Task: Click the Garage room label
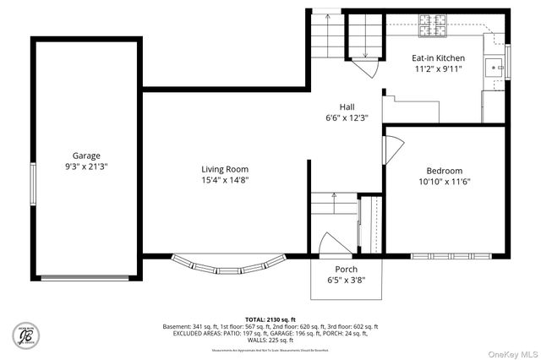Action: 86,155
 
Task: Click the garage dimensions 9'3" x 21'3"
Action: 86,166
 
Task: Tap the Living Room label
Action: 225,169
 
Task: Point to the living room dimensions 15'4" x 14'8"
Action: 225,180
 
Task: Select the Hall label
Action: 347,106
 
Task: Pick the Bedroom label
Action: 444,170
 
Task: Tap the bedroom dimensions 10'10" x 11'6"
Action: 444,182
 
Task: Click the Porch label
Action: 346,269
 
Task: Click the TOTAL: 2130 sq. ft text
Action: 270,310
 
